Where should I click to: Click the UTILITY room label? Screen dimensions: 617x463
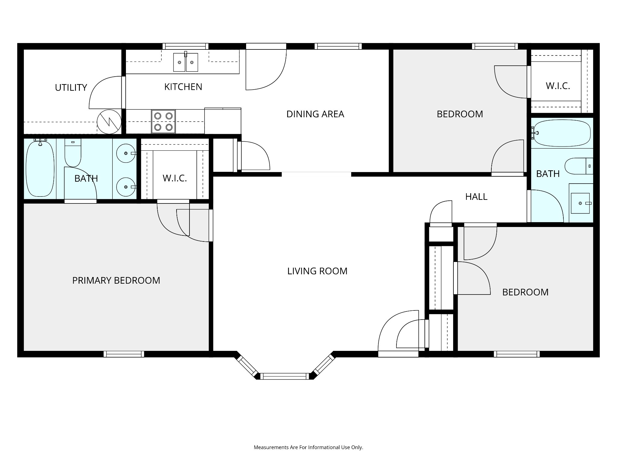pos(71,88)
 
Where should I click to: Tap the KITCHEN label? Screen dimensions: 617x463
pos(183,87)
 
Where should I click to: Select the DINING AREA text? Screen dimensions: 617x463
pos(315,114)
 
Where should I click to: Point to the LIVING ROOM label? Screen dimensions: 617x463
pos(317,271)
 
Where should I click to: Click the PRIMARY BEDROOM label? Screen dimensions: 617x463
pos(116,280)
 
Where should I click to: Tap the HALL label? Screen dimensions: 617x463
pos(476,197)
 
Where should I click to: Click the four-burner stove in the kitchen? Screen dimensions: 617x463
pos(163,121)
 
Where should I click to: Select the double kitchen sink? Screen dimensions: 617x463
pos(186,62)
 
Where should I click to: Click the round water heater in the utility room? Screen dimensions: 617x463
pos(109,122)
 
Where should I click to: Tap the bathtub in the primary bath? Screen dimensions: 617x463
pos(40,169)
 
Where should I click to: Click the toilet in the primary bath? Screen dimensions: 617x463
pos(73,153)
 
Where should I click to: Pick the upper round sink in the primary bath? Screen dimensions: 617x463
pos(126,153)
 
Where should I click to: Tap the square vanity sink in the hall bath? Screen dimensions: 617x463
pos(580,203)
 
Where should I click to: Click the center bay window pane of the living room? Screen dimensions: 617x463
pos(285,376)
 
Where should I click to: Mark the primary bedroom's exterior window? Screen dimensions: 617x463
pos(124,354)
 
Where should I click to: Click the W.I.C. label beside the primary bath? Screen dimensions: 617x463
pos(175,178)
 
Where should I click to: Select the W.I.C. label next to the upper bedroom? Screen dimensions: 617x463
pos(558,86)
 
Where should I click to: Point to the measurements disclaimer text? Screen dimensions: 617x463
pos(308,448)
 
